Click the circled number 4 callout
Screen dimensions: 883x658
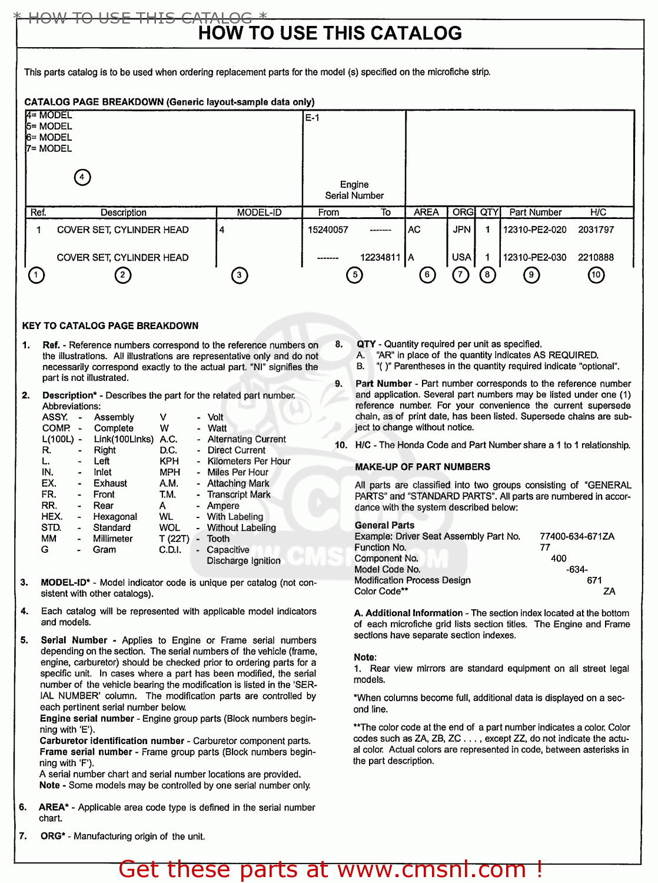(x=82, y=177)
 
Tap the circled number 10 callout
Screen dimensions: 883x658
(x=596, y=275)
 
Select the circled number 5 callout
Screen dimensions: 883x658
(x=354, y=275)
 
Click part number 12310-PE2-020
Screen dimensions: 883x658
(x=534, y=230)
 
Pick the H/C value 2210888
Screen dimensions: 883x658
(x=596, y=257)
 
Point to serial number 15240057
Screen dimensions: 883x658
(x=328, y=230)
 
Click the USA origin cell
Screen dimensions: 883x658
(x=461, y=257)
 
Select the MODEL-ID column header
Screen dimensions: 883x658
(x=259, y=213)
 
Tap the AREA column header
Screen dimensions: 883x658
(x=426, y=213)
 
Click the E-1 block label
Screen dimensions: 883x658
(x=312, y=118)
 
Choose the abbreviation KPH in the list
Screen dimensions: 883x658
(x=169, y=462)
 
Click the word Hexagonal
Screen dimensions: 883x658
(x=115, y=517)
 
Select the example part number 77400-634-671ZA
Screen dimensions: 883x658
(x=577, y=536)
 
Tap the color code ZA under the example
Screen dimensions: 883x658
(x=609, y=592)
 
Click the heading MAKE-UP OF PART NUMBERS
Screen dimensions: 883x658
(x=422, y=467)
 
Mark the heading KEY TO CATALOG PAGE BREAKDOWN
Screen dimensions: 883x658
(x=110, y=326)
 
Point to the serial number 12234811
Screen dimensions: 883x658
(x=380, y=257)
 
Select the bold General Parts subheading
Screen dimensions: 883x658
(x=384, y=525)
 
